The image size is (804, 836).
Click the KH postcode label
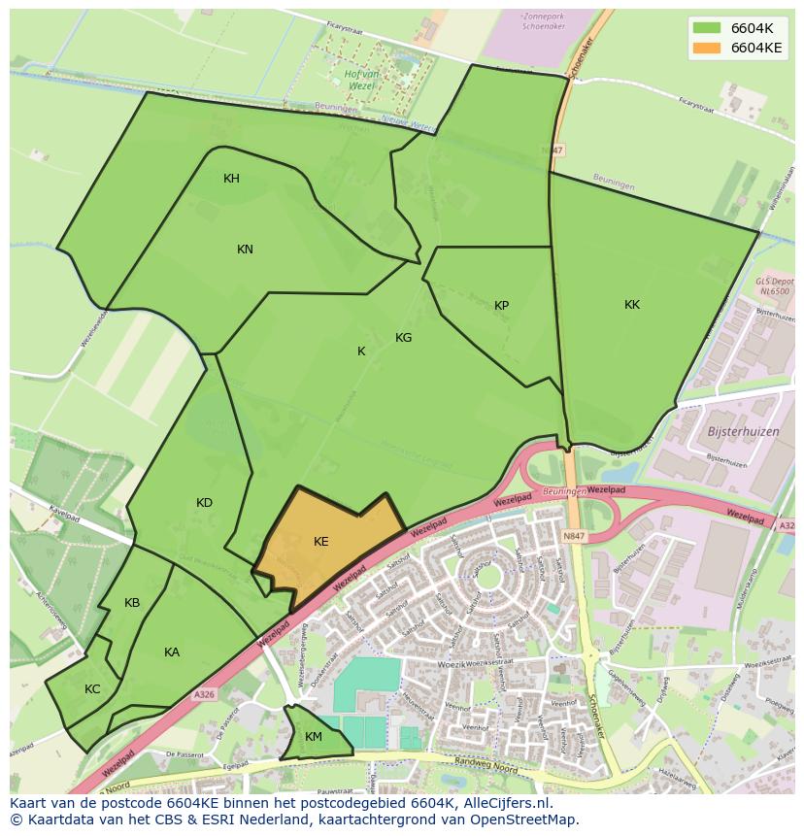pos(231,179)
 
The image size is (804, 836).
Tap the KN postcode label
pos(245,250)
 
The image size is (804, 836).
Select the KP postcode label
pos(501,306)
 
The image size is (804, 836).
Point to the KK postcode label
pos(632,305)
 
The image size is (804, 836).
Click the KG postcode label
pos(404,338)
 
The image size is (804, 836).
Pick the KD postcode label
pos(204,503)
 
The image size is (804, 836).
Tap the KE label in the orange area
pos(321,542)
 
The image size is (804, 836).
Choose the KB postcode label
pos(132,603)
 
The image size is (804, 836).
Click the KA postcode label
pos(172,652)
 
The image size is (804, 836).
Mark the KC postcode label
pos(92,689)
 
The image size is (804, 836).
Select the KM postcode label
pos(313,737)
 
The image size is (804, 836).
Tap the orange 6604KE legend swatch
pos(707,47)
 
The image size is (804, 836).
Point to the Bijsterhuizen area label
pos(744,430)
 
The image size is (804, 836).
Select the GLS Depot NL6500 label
pos(773,285)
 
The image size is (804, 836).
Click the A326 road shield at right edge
pos(787,525)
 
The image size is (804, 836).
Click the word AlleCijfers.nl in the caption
pos(507,803)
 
